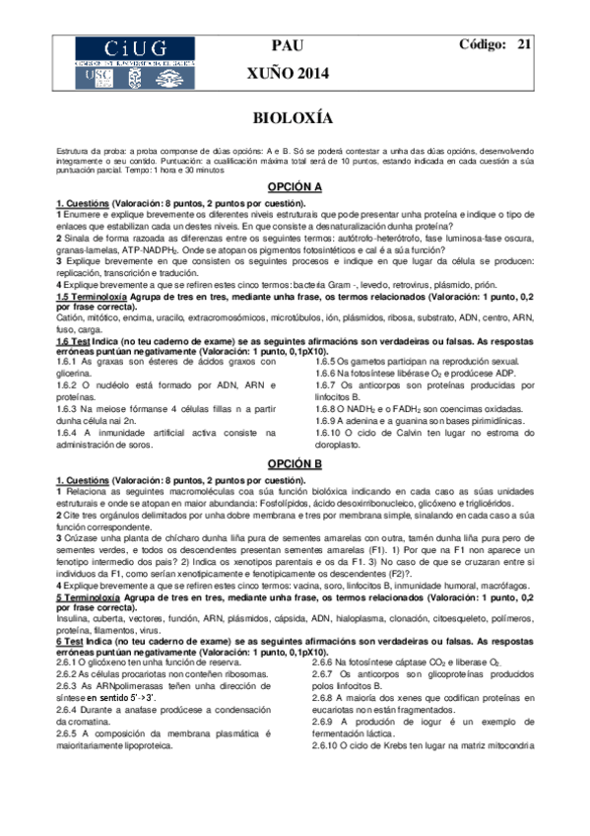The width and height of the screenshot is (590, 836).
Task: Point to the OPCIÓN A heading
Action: click(295, 186)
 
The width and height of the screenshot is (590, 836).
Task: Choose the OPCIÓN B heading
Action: click(295, 462)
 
